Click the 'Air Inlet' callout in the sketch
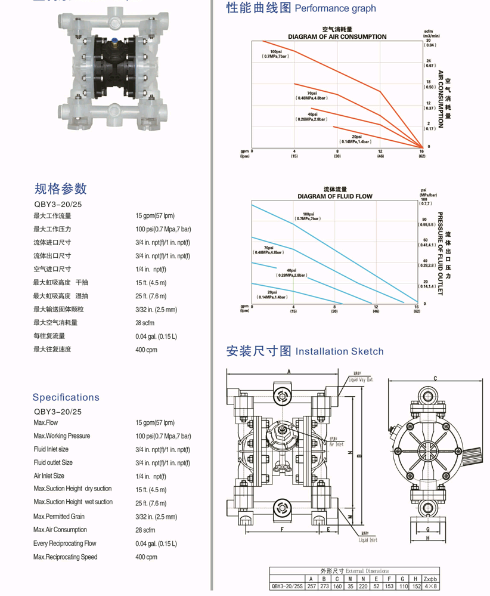[x=336, y=444]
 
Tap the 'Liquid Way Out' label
[x=361, y=379]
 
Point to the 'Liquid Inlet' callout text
[x=368, y=541]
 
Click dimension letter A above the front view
[x=289, y=371]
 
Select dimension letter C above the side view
[x=436, y=378]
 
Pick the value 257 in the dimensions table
[x=310, y=586]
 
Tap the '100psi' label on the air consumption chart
[x=275, y=52]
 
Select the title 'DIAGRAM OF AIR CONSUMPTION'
[x=337, y=36]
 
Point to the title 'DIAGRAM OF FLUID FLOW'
[x=335, y=196]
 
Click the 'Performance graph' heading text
[x=336, y=8]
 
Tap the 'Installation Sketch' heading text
[x=340, y=351]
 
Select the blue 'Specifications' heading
[x=66, y=397]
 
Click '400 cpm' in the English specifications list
[x=147, y=557]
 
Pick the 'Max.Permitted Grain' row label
[x=60, y=516]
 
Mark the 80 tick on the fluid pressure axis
[x=424, y=220]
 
